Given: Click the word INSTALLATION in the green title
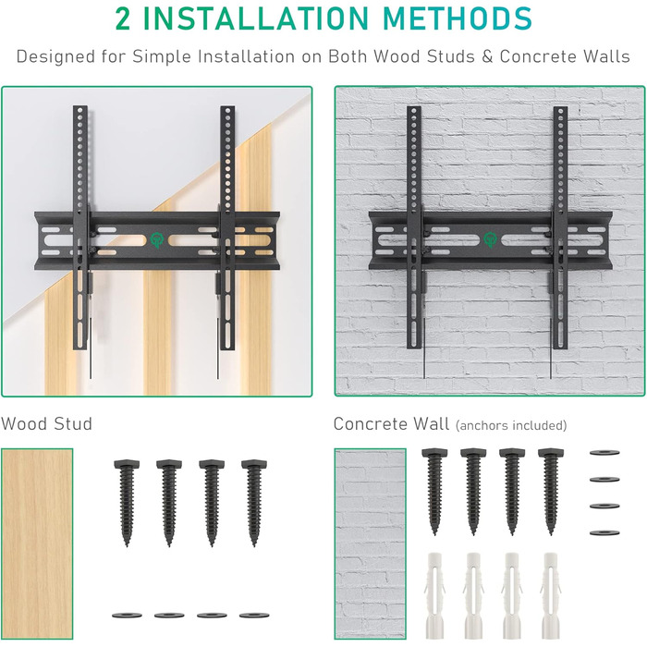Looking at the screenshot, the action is pyautogui.click(x=255, y=18).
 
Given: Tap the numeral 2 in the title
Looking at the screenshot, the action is pyautogui.click(x=123, y=18).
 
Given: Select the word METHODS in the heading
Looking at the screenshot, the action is pyautogui.click(x=458, y=18).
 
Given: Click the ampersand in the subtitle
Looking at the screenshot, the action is pyautogui.click(x=487, y=57).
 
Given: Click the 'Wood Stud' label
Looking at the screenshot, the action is pyautogui.click(x=46, y=423).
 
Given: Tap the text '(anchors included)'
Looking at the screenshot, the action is pyautogui.click(x=511, y=425).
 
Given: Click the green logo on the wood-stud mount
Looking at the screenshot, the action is pyautogui.click(x=157, y=239).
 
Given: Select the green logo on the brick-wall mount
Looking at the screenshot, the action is pyautogui.click(x=491, y=239).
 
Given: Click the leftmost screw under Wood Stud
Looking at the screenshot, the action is pyautogui.click(x=127, y=503).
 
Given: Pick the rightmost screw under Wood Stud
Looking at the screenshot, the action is pyautogui.click(x=254, y=503).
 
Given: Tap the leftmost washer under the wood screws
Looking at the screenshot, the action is pyautogui.click(x=128, y=616).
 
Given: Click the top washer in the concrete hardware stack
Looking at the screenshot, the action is pyautogui.click(x=604, y=453).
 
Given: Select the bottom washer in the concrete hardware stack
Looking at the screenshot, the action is pyautogui.click(x=604, y=532).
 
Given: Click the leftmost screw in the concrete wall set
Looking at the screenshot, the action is pyautogui.click(x=434, y=491).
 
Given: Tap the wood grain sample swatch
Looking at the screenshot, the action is pyautogui.click(x=37, y=543).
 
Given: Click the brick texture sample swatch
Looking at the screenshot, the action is pyautogui.click(x=370, y=543).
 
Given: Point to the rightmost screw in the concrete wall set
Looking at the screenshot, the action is pyautogui.click(x=551, y=491).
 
